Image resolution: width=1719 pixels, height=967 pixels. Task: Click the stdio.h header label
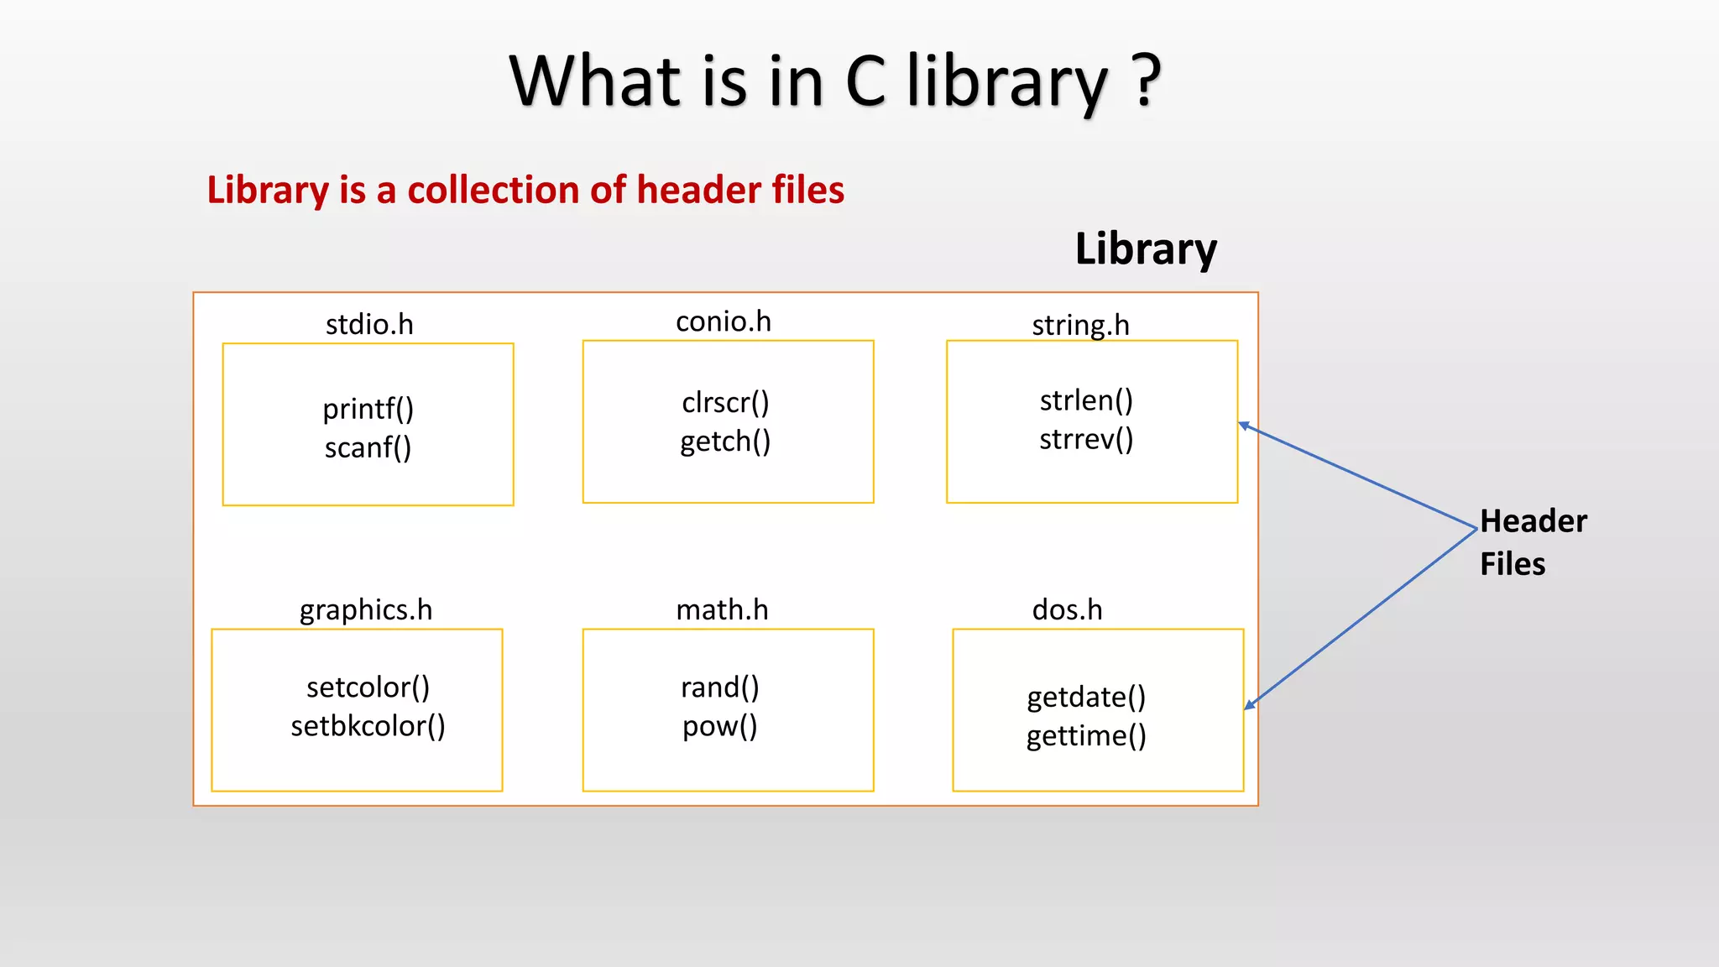[x=369, y=325]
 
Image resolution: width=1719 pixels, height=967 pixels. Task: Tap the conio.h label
[x=723, y=321]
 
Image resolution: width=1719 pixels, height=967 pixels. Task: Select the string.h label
[x=1080, y=325]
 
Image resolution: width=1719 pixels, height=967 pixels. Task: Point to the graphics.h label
[x=366, y=610]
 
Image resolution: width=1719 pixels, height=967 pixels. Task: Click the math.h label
[x=722, y=610]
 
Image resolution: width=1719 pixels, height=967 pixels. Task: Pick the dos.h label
[x=1067, y=610]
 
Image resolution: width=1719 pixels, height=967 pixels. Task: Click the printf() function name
[x=368, y=410]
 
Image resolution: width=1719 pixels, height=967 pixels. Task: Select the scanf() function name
[x=368, y=448]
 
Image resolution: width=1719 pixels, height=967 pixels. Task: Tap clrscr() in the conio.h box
[x=725, y=403]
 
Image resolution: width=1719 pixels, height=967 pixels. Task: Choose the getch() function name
[x=725, y=442]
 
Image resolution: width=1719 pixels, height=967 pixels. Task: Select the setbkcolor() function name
[x=368, y=726]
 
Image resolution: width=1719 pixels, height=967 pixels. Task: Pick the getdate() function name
[x=1086, y=698]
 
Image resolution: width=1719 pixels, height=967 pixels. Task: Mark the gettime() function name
[x=1086, y=736]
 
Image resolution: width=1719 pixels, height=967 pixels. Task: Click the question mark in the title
[x=1147, y=81]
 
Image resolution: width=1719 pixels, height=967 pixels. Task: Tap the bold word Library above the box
[x=1146, y=249]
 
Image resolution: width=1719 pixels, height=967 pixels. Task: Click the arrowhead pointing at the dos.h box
[x=1250, y=705]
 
